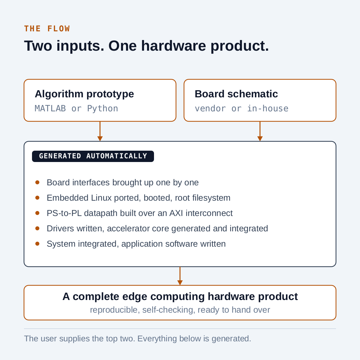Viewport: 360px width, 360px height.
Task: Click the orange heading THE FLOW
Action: (47, 29)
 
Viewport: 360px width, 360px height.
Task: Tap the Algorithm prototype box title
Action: (84, 94)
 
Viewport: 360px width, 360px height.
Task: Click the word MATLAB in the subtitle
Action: (50, 109)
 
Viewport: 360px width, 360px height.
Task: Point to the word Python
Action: (103, 109)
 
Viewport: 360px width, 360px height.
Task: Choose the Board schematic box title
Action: (236, 94)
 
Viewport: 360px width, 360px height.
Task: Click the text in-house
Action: (268, 109)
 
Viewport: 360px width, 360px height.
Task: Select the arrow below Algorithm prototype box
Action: (100, 131)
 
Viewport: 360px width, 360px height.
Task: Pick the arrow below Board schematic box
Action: (260, 131)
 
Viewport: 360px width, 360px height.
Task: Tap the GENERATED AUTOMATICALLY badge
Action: (93, 156)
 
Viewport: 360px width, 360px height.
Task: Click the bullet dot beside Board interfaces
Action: (37, 183)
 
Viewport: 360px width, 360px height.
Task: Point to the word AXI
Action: (176, 213)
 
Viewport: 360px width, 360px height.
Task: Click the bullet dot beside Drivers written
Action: (37, 228)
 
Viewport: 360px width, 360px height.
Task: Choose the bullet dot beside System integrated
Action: (37, 244)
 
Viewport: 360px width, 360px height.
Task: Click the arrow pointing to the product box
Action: (180, 276)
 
